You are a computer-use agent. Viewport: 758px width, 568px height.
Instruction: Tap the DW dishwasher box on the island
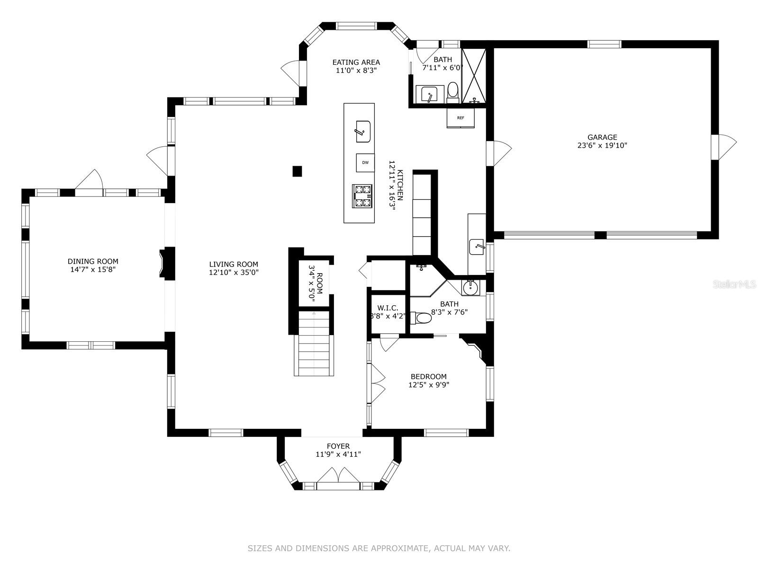pyautogui.click(x=365, y=163)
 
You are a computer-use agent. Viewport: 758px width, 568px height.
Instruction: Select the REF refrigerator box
pyautogui.click(x=460, y=118)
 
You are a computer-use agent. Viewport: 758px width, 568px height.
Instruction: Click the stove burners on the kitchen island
pyautogui.click(x=363, y=195)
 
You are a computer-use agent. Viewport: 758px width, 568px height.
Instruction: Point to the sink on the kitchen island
pyautogui.click(x=363, y=131)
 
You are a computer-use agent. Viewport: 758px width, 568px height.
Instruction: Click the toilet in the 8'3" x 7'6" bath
pyautogui.click(x=421, y=318)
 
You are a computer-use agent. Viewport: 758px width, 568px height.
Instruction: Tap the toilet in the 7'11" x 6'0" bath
pyautogui.click(x=453, y=90)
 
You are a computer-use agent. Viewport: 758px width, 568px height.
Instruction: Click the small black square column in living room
pyautogui.click(x=297, y=171)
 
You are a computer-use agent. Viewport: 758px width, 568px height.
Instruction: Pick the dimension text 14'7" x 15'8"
pyautogui.click(x=92, y=270)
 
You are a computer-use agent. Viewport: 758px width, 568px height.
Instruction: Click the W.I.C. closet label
pyautogui.click(x=388, y=308)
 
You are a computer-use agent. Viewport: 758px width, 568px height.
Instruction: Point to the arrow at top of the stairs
pyautogui.click(x=314, y=313)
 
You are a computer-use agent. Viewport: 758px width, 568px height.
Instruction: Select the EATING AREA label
pyautogui.click(x=356, y=62)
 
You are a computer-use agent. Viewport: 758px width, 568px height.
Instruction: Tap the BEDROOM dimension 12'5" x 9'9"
pyautogui.click(x=428, y=385)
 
